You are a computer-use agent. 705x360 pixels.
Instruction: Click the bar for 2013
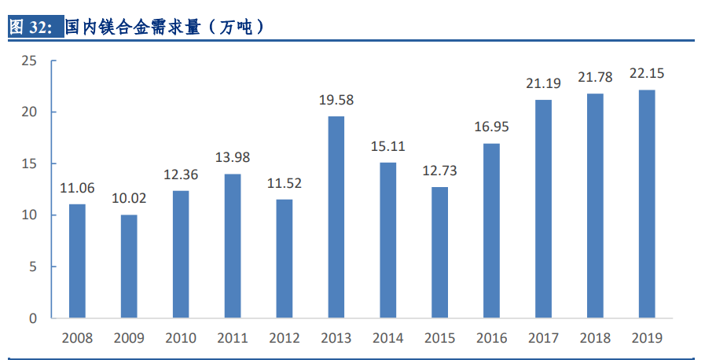(336, 218)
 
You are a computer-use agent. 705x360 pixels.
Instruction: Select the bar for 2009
(128, 266)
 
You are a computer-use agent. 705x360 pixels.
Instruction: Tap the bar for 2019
(646, 204)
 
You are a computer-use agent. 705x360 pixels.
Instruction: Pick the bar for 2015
(439, 252)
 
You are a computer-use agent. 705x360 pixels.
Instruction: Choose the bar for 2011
(232, 246)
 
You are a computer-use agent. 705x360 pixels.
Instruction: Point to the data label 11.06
(77, 188)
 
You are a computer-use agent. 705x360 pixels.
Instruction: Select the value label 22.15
(647, 73)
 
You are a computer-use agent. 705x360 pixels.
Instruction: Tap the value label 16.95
(491, 127)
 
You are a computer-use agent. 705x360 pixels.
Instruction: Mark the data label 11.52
(284, 183)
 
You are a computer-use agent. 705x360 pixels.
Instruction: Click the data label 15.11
(387, 146)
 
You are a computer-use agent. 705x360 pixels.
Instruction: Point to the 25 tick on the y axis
(29, 61)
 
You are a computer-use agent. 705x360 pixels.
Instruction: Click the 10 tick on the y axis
(29, 215)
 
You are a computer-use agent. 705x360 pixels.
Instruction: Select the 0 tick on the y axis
(33, 318)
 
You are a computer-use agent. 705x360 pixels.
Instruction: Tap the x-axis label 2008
(77, 339)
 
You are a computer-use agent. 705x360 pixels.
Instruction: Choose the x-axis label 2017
(543, 339)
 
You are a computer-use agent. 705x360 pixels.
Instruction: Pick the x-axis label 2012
(284, 339)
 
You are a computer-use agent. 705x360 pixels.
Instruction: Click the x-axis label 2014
(387, 339)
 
